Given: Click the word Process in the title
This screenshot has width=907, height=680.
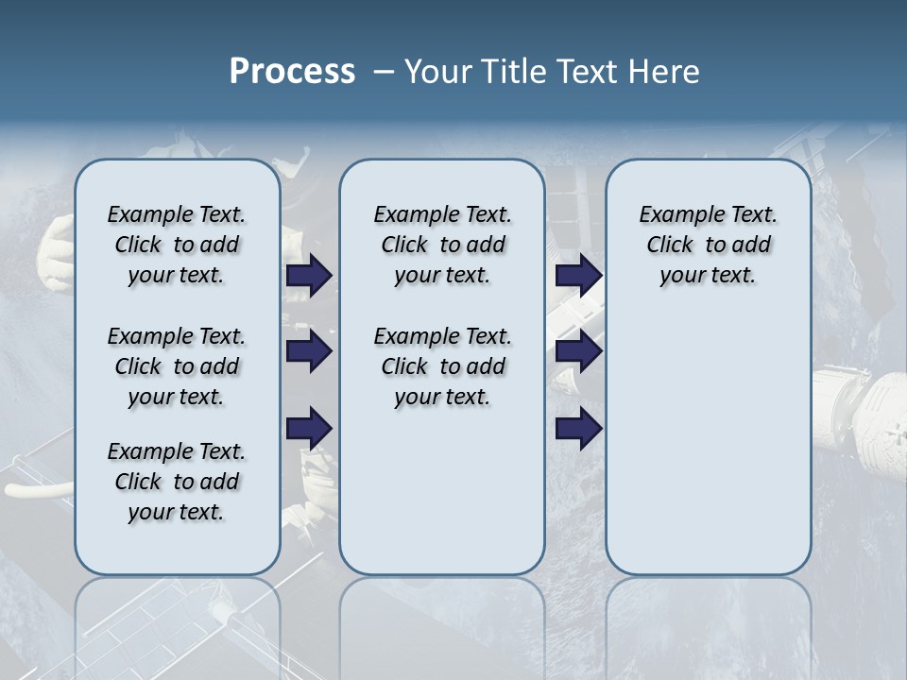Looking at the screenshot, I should [x=292, y=72].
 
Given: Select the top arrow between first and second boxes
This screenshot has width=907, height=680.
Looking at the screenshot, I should [x=309, y=276].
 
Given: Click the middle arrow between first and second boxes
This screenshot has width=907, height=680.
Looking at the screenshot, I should [x=309, y=352].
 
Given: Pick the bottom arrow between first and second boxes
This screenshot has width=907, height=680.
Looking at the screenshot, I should [x=309, y=429].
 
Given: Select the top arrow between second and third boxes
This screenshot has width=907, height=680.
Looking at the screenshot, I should [x=578, y=276].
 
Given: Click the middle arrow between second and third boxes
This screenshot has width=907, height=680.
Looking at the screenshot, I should [x=578, y=352].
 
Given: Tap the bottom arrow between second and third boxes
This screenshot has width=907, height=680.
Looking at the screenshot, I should [x=578, y=429].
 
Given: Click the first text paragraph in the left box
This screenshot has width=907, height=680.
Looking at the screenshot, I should [x=177, y=245].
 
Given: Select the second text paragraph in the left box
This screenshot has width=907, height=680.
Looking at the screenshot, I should [x=177, y=366].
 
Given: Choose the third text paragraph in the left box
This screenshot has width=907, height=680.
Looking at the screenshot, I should [x=177, y=482].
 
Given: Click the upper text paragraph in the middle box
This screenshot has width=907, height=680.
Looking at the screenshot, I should [x=442, y=245].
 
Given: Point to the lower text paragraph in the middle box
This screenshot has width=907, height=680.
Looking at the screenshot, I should [x=442, y=366].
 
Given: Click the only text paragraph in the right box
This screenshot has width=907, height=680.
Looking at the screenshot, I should [x=708, y=245].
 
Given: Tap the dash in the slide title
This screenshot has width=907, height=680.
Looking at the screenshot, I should [x=384, y=73].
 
